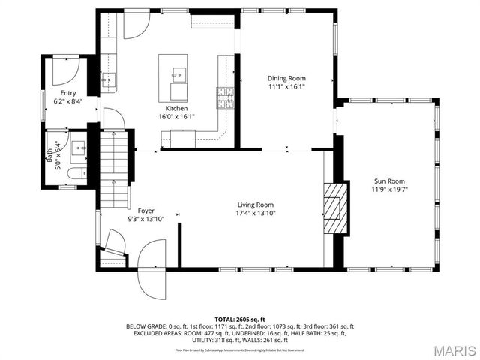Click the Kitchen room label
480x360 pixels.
(x=166, y=108)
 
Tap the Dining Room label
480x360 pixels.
(x=286, y=78)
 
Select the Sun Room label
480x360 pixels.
(x=389, y=181)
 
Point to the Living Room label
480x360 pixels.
(x=255, y=205)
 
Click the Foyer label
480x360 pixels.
(x=145, y=211)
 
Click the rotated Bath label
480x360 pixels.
(x=50, y=154)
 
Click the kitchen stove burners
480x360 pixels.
(x=225, y=97)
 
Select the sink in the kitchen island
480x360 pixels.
(x=178, y=73)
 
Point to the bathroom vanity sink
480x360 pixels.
(x=78, y=148)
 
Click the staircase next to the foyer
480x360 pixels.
(x=115, y=169)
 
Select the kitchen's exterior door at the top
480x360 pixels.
(x=136, y=25)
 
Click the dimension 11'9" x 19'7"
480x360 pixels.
(x=389, y=190)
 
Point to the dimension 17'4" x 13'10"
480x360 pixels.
(x=255, y=214)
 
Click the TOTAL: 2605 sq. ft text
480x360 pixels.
(x=240, y=319)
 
